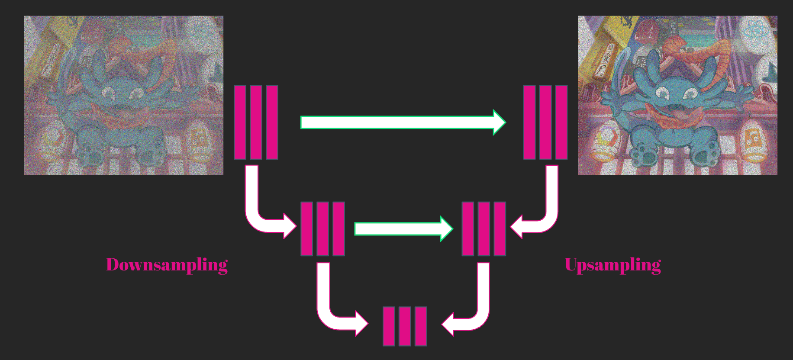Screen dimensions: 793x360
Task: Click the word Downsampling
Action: pyautogui.click(x=167, y=265)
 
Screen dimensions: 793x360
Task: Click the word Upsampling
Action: pyautogui.click(x=612, y=265)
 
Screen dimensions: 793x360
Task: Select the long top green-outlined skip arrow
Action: pyautogui.click(x=403, y=122)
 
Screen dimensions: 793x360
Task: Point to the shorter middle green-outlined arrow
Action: pyautogui.click(x=403, y=228)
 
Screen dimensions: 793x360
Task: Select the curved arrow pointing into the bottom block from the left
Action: pyautogui.click(x=333, y=309)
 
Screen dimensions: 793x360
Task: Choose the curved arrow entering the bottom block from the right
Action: pyautogui.click(x=474, y=309)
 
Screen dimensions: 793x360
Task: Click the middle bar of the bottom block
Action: pyautogui.click(x=405, y=326)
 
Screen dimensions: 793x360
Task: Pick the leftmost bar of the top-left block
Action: pyautogui.click(x=240, y=122)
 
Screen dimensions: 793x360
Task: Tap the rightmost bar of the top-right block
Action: pyautogui.click(x=561, y=122)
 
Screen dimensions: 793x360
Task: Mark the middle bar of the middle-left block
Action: pyautogui.click(x=322, y=228)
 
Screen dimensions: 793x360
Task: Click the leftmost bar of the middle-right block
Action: pyautogui.click(x=467, y=228)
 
